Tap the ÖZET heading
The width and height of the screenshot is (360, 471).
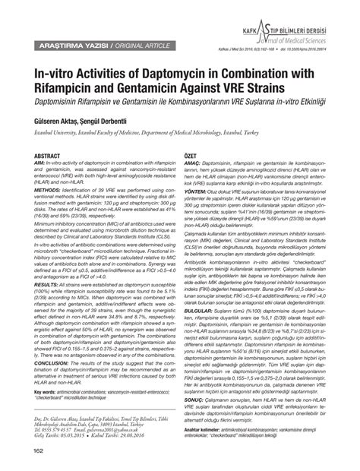coord(193,155)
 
